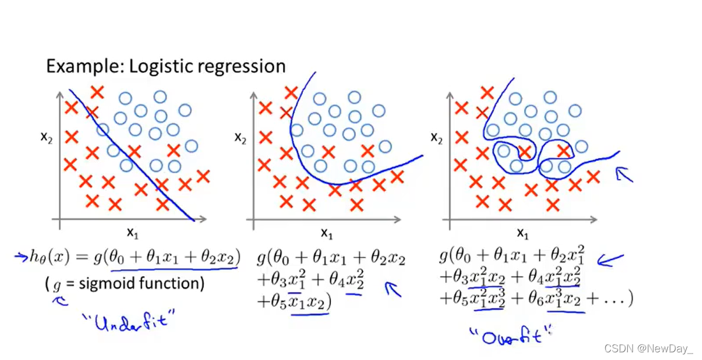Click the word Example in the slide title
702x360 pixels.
tap(76, 66)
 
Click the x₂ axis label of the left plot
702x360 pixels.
tap(47, 137)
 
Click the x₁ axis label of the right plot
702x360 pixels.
tap(522, 234)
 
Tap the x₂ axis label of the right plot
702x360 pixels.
tap(436, 137)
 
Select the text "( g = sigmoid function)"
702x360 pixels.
tap(124, 284)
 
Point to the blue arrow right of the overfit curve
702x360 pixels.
tap(623, 173)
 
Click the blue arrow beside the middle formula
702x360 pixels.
tap(393, 289)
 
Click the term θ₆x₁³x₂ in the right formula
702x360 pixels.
tap(564, 299)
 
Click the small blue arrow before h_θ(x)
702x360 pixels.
tap(21, 256)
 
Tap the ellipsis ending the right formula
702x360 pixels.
tap(615, 299)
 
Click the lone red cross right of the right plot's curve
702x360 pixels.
tap(592, 176)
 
